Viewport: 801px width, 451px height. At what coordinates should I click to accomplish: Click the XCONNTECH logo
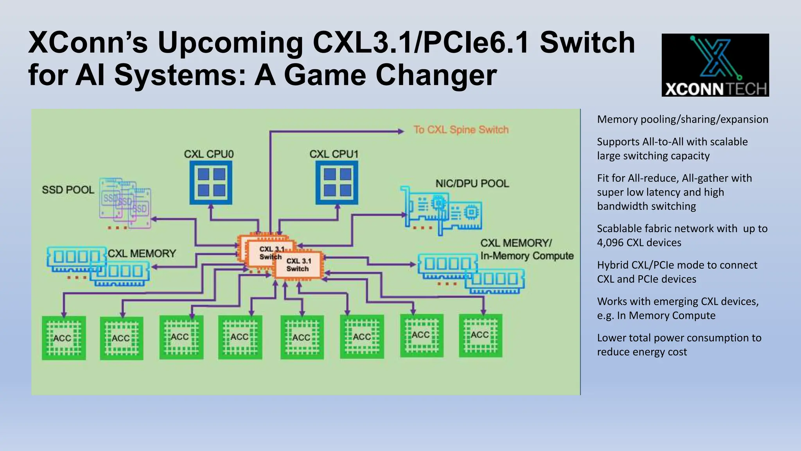click(715, 65)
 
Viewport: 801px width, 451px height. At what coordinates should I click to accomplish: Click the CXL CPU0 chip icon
click(211, 182)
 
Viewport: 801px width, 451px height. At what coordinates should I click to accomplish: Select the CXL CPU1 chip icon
click(337, 182)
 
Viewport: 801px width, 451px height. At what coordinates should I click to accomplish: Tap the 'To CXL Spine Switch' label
click(461, 130)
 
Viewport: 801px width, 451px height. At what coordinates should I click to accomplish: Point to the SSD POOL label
click(68, 190)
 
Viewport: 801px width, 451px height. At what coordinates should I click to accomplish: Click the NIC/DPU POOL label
click(472, 184)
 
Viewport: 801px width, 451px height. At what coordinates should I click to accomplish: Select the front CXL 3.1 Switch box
click(298, 265)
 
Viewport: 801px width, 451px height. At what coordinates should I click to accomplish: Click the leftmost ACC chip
click(64, 338)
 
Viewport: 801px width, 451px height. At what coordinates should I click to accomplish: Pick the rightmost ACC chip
click(480, 336)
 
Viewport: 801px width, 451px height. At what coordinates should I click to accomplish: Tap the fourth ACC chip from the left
click(240, 337)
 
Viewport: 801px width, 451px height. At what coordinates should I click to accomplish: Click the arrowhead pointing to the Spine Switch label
click(400, 132)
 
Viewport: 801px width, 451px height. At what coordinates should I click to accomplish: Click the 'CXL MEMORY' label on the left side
click(142, 254)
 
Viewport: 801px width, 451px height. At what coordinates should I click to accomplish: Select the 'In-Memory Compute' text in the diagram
click(527, 256)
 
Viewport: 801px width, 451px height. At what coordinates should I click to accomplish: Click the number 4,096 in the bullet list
click(610, 243)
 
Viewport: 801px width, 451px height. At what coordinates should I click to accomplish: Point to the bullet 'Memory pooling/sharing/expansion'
click(682, 119)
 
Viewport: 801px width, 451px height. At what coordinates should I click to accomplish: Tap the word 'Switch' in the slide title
click(587, 43)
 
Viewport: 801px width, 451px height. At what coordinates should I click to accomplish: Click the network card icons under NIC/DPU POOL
click(442, 211)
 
